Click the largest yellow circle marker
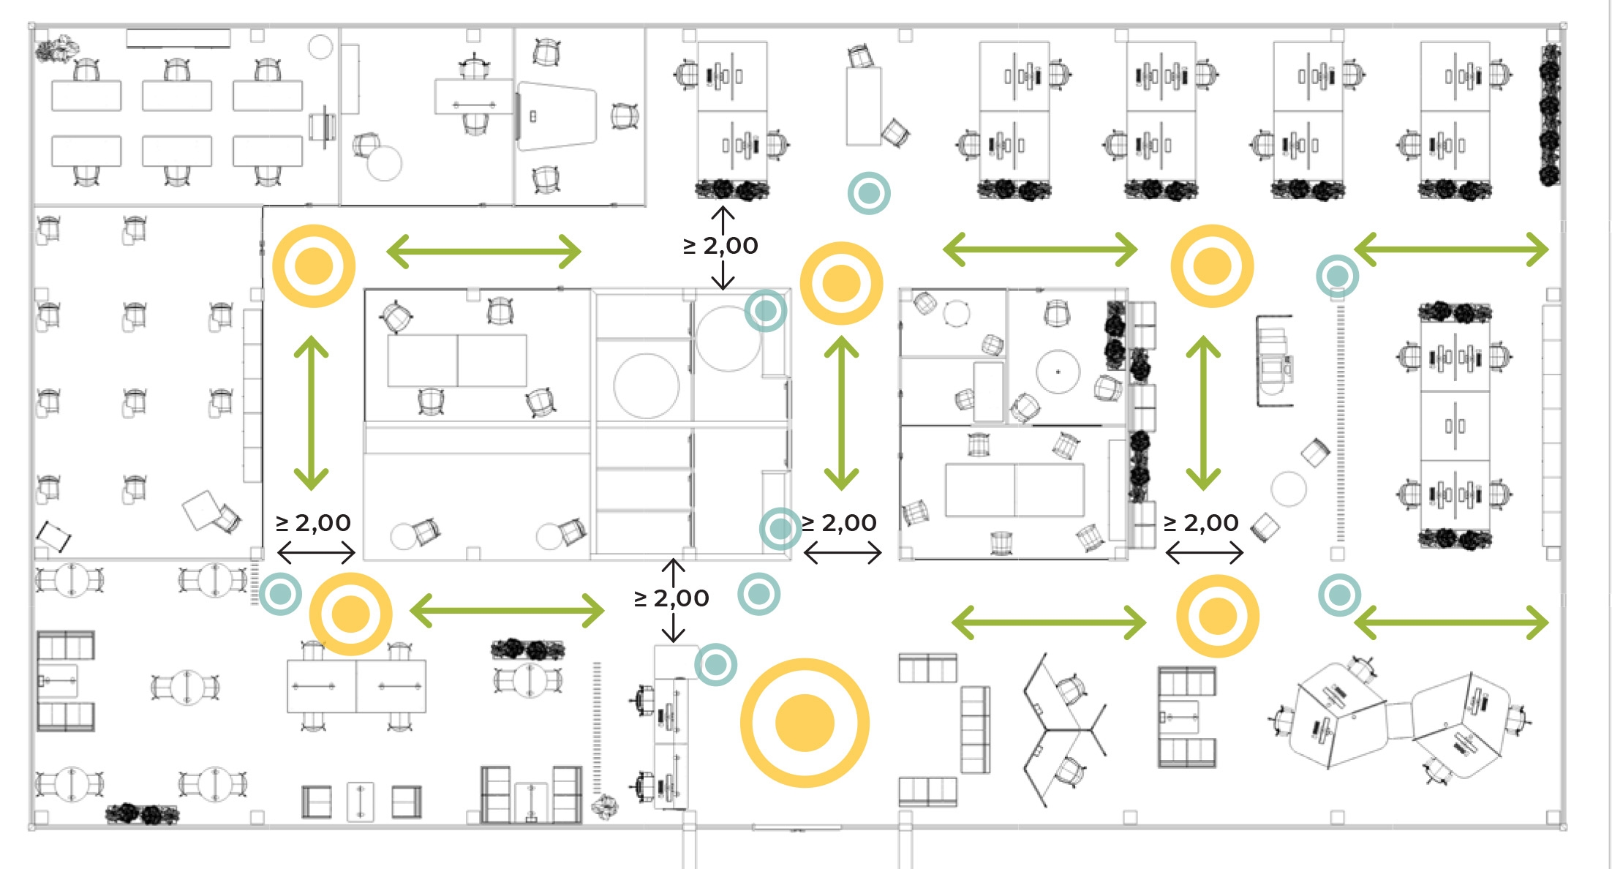click(x=805, y=723)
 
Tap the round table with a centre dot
click(x=1058, y=372)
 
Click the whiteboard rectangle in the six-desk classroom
click(x=178, y=38)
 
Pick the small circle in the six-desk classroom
click(x=320, y=48)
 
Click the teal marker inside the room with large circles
click(x=765, y=311)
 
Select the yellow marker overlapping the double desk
click(x=351, y=614)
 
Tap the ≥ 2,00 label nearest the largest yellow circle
click(x=671, y=598)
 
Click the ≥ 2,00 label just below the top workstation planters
click(x=720, y=246)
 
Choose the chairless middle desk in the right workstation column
click(x=1455, y=426)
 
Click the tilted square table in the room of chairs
click(x=200, y=510)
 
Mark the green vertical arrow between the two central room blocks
click(x=841, y=413)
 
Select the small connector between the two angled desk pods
click(x=1398, y=720)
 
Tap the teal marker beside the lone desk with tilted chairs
click(x=868, y=193)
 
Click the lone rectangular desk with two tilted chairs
click(x=863, y=107)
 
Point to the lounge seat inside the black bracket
click(x=1273, y=361)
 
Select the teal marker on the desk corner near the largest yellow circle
click(x=715, y=664)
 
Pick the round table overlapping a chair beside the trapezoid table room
click(x=385, y=163)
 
